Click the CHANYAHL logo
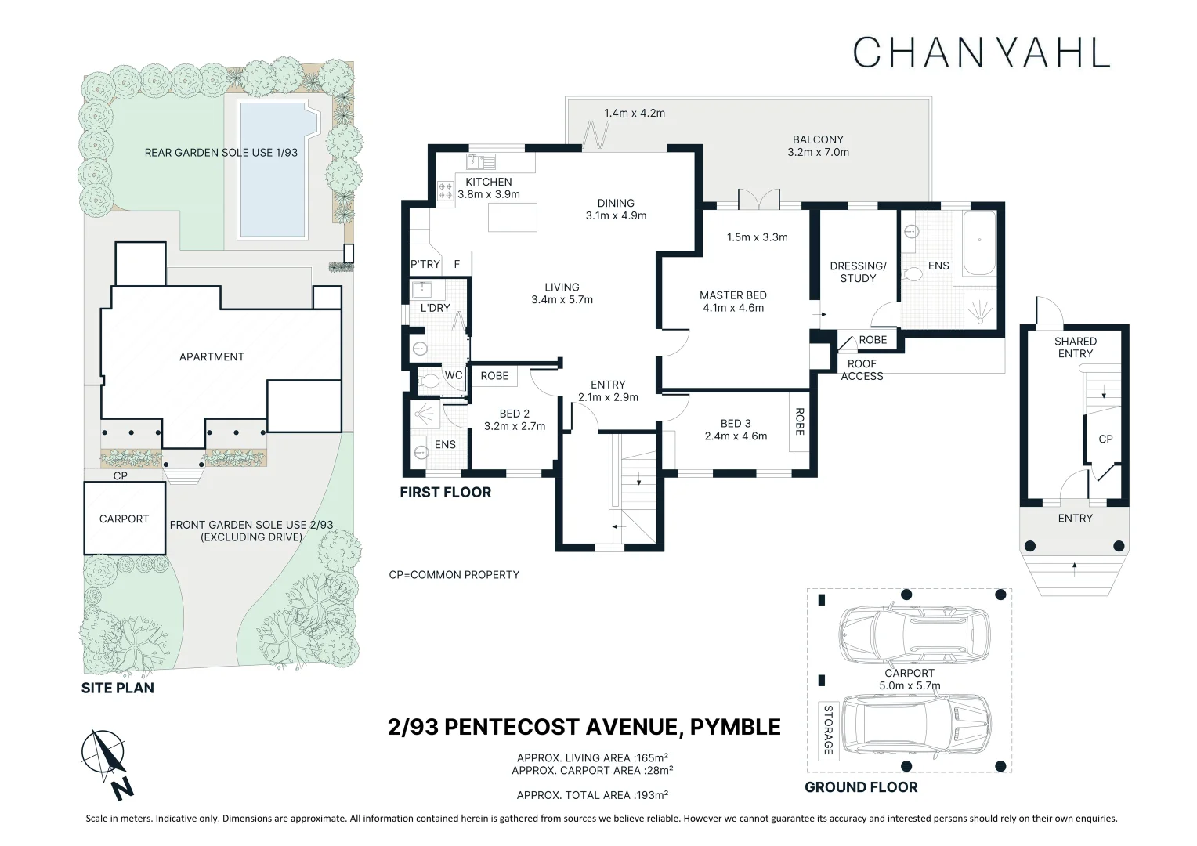pos(982,52)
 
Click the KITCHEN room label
pos(488,182)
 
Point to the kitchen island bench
pos(512,217)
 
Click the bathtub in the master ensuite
pos(979,243)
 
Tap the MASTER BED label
pos(732,295)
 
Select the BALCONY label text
pos(818,139)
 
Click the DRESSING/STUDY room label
pos(858,272)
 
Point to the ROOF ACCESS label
pos(862,370)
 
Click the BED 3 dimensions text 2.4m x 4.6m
pos(736,436)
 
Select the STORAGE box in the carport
pos(828,730)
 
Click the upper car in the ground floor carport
pos(914,636)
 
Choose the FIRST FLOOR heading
pos(445,492)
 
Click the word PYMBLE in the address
pos(736,728)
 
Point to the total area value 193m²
pos(651,795)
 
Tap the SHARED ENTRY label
pos(1075,347)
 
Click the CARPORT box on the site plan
pos(125,518)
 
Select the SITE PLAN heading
pos(118,688)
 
